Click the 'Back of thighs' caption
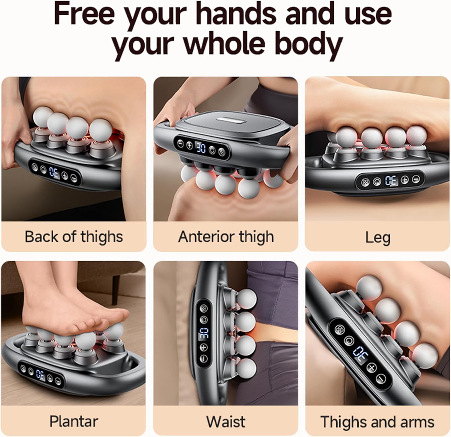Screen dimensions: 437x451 pyautogui.click(x=74, y=236)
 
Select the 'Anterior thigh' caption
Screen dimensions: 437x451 pyautogui.click(x=226, y=236)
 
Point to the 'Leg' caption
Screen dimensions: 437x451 pyautogui.click(x=378, y=237)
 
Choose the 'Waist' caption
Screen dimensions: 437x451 pyautogui.click(x=226, y=421)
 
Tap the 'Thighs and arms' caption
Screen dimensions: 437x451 pyautogui.click(x=377, y=421)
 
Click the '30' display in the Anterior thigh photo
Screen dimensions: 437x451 pyautogui.click(x=201, y=147)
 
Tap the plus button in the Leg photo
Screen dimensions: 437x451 pyautogui.click(x=405, y=180)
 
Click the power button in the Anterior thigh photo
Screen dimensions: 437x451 pyautogui.click(x=213, y=149)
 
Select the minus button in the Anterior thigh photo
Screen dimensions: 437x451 pyautogui.click(x=180, y=143)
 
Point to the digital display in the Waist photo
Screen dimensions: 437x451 pyautogui.click(x=204, y=334)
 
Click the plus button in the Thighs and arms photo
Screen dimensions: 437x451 pyautogui.click(x=372, y=367)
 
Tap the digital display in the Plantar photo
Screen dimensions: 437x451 pyautogui.click(x=40, y=374)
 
